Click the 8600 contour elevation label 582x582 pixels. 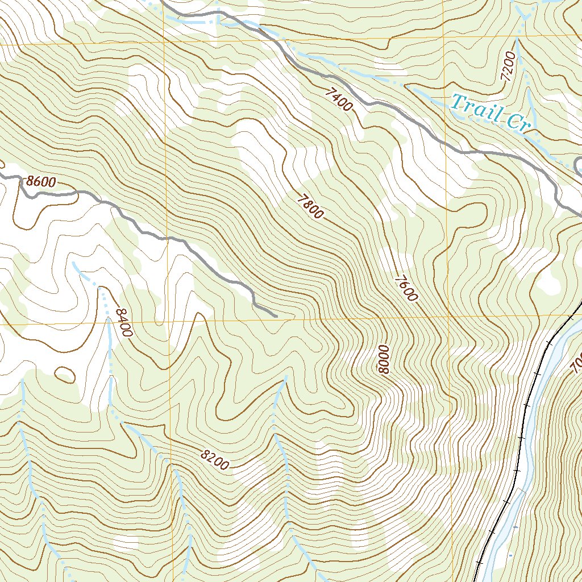click(x=40, y=182)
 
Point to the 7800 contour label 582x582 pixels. click(x=310, y=206)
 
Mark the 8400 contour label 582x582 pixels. click(x=123, y=322)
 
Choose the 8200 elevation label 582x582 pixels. click(x=214, y=460)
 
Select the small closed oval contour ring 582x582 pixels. click(x=65, y=375)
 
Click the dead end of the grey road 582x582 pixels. click(x=276, y=314)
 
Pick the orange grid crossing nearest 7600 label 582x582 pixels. click(x=448, y=316)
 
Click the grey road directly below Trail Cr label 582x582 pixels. click(x=489, y=153)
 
